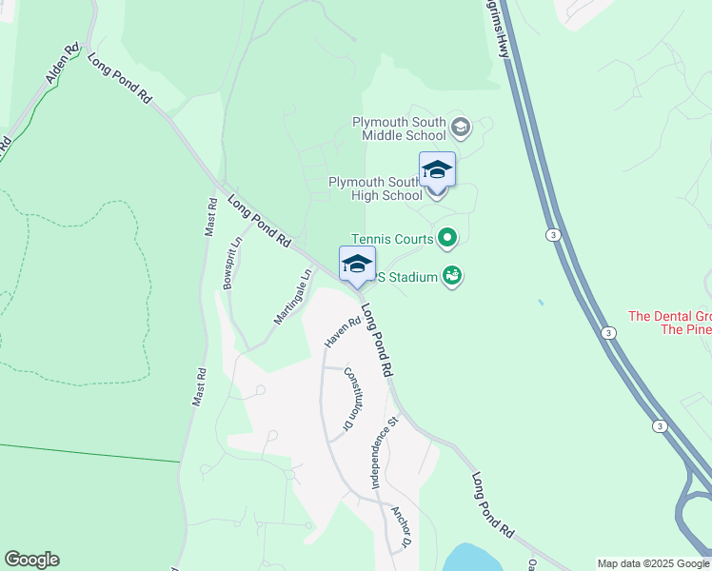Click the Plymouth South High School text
(x=375, y=188)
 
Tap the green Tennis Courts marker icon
(x=447, y=238)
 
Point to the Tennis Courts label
(x=392, y=239)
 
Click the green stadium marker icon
(x=453, y=277)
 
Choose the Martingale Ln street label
(x=293, y=298)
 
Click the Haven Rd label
(x=342, y=330)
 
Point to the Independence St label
(x=383, y=452)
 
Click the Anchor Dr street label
(x=401, y=526)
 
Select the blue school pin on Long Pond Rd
(x=357, y=264)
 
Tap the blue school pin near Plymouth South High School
(x=437, y=169)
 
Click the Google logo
(x=31, y=560)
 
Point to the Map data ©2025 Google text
(x=653, y=563)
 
